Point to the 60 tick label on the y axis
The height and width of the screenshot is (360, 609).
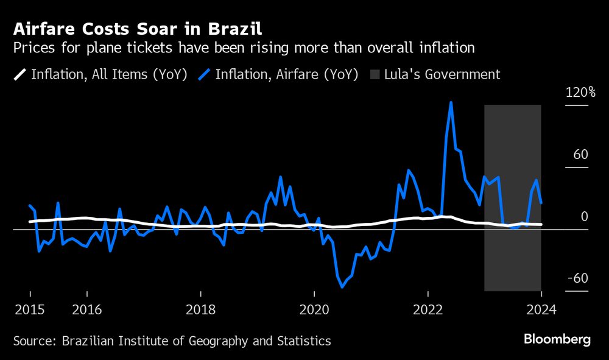coord(580,154)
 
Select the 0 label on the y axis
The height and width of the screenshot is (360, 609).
coord(584,216)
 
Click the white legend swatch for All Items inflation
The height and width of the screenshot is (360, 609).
coord(20,74)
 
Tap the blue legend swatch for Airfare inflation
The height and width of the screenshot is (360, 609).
coord(205,74)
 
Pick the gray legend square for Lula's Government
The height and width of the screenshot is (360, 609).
coord(374,74)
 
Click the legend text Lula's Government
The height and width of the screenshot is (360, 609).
coord(442,74)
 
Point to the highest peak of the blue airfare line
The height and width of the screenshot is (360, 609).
coord(451,102)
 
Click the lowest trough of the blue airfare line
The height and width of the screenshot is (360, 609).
coord(342,287)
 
